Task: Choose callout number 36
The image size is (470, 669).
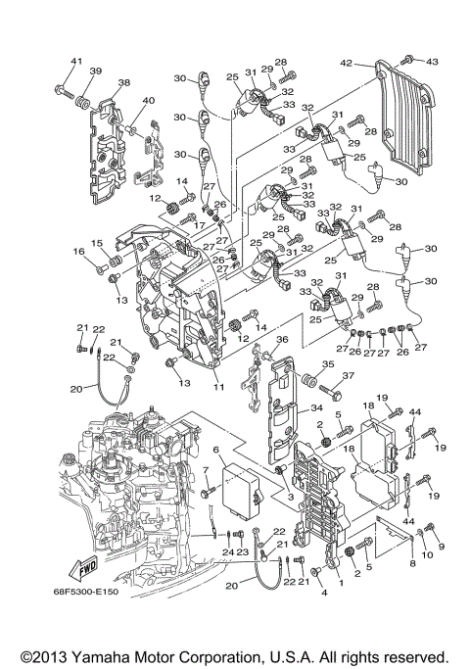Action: (281, 340)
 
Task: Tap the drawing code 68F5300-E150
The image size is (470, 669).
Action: (100, 616)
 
